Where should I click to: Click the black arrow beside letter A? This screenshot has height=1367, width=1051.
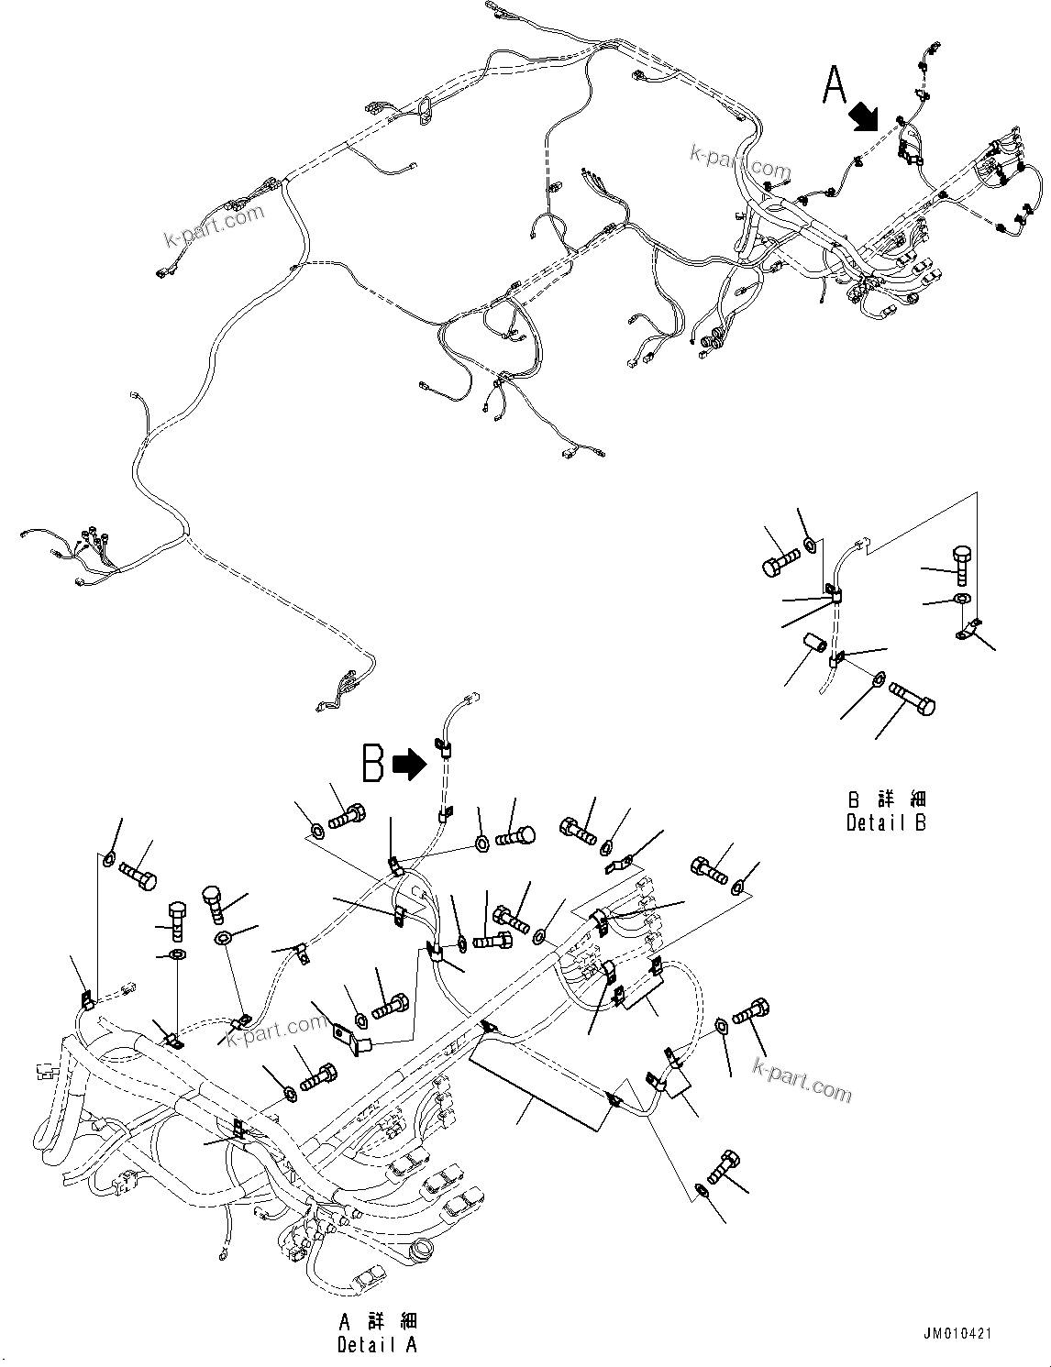coord(864,116)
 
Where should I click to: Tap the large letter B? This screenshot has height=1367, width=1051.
coord(372,763)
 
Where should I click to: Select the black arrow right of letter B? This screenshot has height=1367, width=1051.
coord(410,764)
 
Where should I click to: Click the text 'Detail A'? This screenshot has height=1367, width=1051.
coord(377,1345)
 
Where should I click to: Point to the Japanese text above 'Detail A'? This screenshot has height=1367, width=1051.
coord(377,1321)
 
